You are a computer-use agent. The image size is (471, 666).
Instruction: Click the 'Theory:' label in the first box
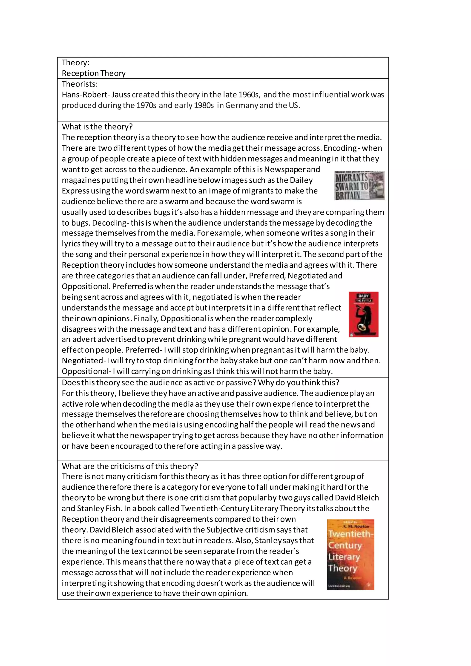click(x=75, y=63)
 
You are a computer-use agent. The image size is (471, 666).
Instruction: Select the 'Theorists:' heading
click(x=80, y=84)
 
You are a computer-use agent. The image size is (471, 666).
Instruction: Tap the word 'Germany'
click(x=241, y=105)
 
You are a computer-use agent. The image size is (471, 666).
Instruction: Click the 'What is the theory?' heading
click(x=97, y=127)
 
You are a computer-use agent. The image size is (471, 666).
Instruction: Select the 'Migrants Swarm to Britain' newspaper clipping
click(x=360, y=185)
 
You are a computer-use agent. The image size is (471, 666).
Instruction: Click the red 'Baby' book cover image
click(x=363, y=314)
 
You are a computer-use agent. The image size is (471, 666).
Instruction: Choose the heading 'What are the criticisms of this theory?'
click(x=130, y=466)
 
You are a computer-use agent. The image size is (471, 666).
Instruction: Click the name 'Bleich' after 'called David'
click(x=368, y=498)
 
